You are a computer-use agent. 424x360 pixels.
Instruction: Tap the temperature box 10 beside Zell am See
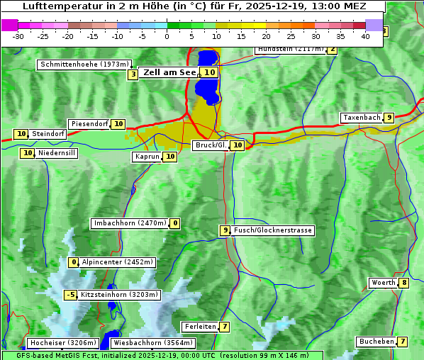click(x=209, y=72)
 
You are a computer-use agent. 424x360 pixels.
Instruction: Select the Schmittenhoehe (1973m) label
click(x=84, y=64)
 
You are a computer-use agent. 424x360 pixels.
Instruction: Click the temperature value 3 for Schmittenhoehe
click(x=133, y=74)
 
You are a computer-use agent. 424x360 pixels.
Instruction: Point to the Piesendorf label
click(x=89, y=124)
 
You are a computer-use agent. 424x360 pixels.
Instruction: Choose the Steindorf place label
click(x=48, y=134)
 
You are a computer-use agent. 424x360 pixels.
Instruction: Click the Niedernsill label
click(x=57, y=152)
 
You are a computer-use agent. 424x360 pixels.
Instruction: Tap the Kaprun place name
click(x=147, y=157)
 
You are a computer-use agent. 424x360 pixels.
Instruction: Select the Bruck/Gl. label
click(x=210, y=145)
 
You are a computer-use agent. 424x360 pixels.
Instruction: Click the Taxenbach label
click(x=362, y=118)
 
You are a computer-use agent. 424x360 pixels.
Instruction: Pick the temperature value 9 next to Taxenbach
click(x=389, y=118)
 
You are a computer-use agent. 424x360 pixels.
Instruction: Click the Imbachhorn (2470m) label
click(x=130, y=223)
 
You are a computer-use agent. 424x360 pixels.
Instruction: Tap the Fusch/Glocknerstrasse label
click(x=273, y=230)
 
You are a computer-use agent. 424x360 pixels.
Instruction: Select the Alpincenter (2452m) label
click(x=117, y=262)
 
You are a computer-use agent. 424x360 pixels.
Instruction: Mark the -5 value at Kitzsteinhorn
click(x=70, y=295)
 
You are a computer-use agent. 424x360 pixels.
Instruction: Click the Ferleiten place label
click(x=199, y=327)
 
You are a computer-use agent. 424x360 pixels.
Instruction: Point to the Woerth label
click(x=383, y=283)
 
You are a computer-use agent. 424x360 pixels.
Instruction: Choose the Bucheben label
click(x=376, y=342)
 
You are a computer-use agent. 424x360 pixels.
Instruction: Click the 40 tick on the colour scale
click(x=365, y=36)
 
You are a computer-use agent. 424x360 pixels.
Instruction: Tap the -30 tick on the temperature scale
click(x=18, y=36)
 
